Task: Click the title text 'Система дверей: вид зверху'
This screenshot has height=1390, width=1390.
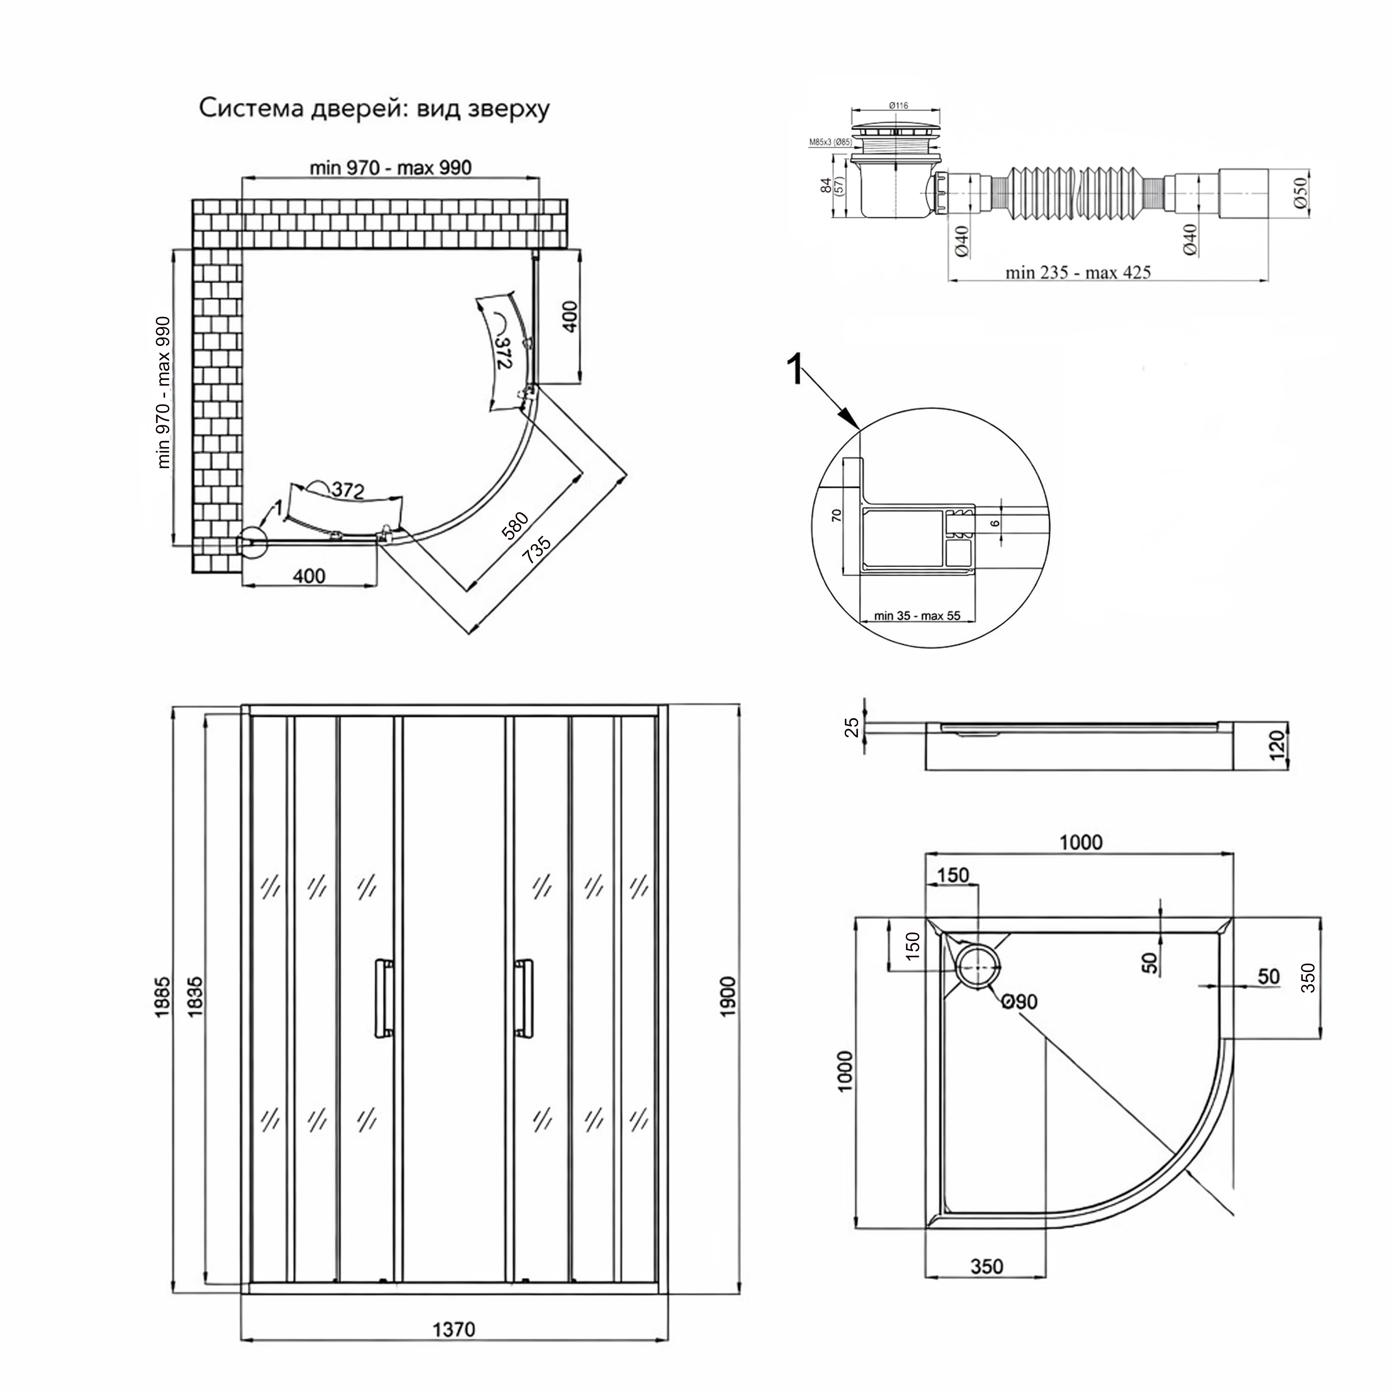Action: pos(374,109)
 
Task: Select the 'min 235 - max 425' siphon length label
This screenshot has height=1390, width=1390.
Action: pos(1078,272)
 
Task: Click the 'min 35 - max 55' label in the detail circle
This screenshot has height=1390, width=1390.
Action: pos(917,616)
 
